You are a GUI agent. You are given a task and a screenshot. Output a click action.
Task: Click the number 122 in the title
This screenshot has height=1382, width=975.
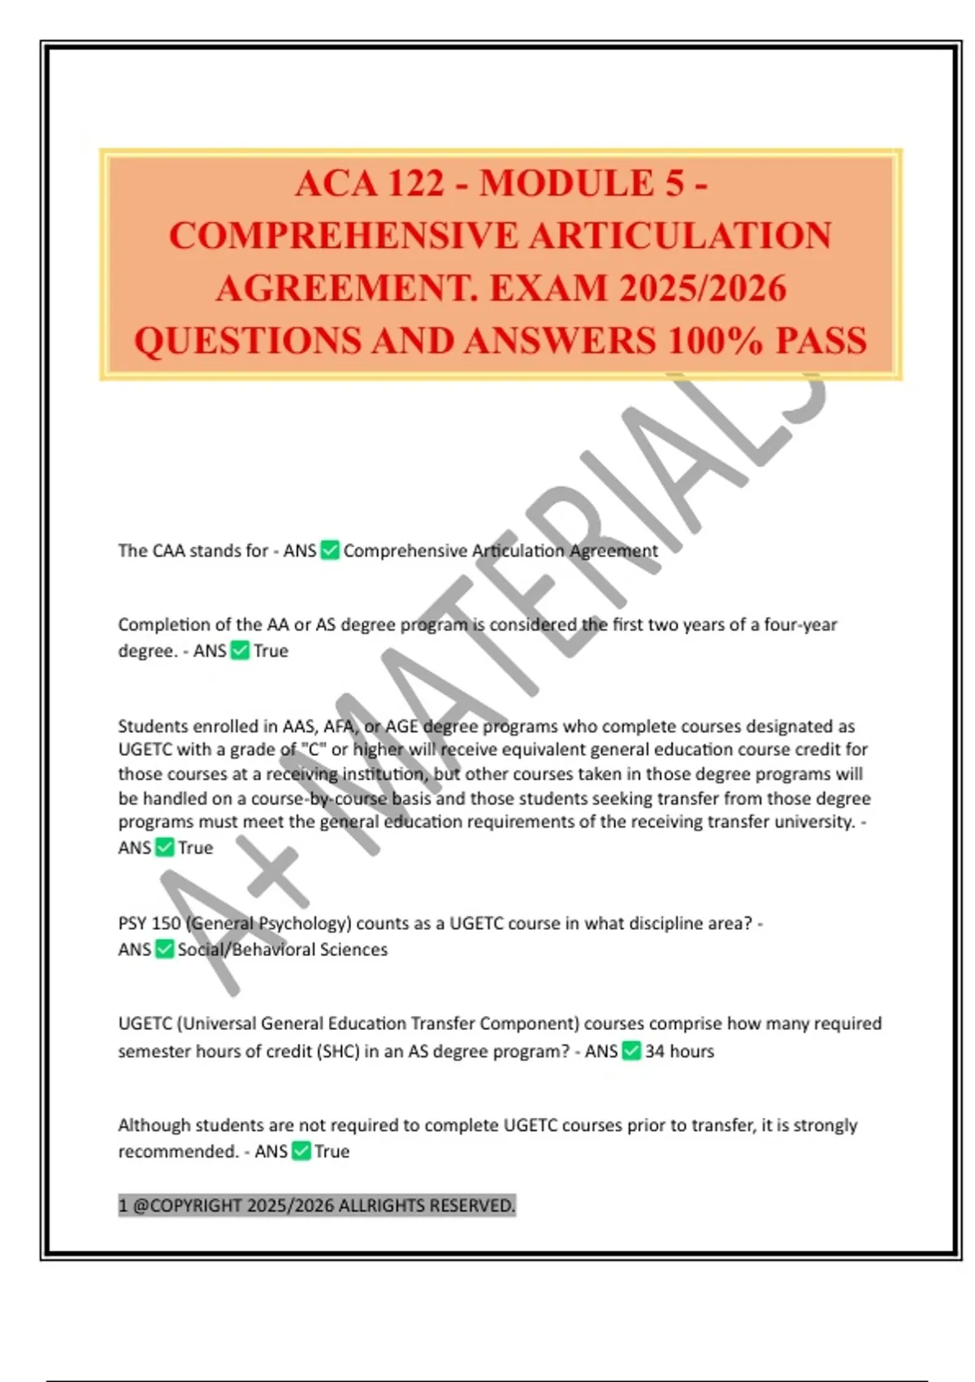pos(416,184)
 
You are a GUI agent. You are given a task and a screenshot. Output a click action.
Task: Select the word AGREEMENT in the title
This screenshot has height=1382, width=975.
pos(344,289)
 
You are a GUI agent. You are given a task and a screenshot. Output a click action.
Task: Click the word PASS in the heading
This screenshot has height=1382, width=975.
pos(821,341)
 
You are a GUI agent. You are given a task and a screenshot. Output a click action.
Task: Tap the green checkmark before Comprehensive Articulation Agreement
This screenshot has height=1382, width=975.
pos(330,550)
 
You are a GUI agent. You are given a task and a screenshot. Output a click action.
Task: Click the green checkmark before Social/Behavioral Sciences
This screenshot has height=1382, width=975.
pos(164,949)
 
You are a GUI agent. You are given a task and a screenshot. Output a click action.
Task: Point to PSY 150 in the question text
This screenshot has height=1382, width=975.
pos(149,924)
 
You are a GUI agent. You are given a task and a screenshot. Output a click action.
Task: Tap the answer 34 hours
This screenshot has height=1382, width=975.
pos(679,1051)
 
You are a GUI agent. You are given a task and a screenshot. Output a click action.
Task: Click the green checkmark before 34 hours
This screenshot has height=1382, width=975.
pos(631,1051)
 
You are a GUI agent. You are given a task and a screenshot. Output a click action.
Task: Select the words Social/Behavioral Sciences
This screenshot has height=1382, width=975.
pos(283,950)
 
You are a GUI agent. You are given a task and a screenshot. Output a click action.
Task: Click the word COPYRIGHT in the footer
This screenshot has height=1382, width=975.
pos(196,1206)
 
